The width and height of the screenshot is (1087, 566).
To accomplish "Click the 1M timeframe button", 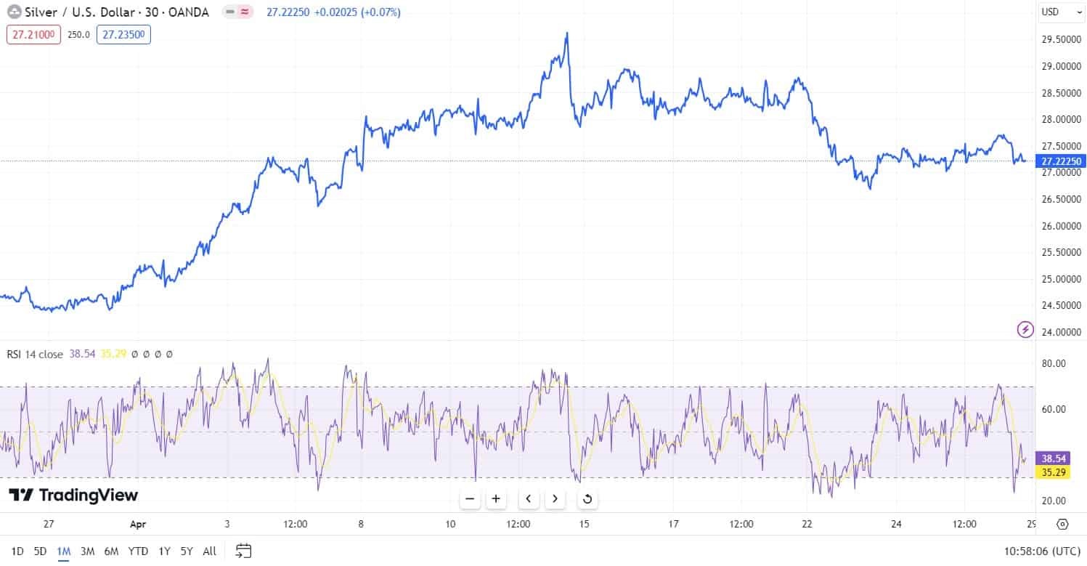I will point(63,551).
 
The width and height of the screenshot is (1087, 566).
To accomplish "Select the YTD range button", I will point(138,551).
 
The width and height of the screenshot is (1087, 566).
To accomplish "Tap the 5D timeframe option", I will point(40,551).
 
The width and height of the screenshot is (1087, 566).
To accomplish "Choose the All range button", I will point(209,551).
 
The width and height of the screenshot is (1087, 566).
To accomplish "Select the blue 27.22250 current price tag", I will point(1061,161).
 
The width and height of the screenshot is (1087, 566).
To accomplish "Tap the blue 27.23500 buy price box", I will point(123,34).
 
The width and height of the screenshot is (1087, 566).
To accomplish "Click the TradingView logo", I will point(73,496).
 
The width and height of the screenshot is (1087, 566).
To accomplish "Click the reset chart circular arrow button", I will point(587,498).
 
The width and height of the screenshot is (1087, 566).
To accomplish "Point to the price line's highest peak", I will point(566,33).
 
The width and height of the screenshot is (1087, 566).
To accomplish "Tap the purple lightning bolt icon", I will point(1025,330).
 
